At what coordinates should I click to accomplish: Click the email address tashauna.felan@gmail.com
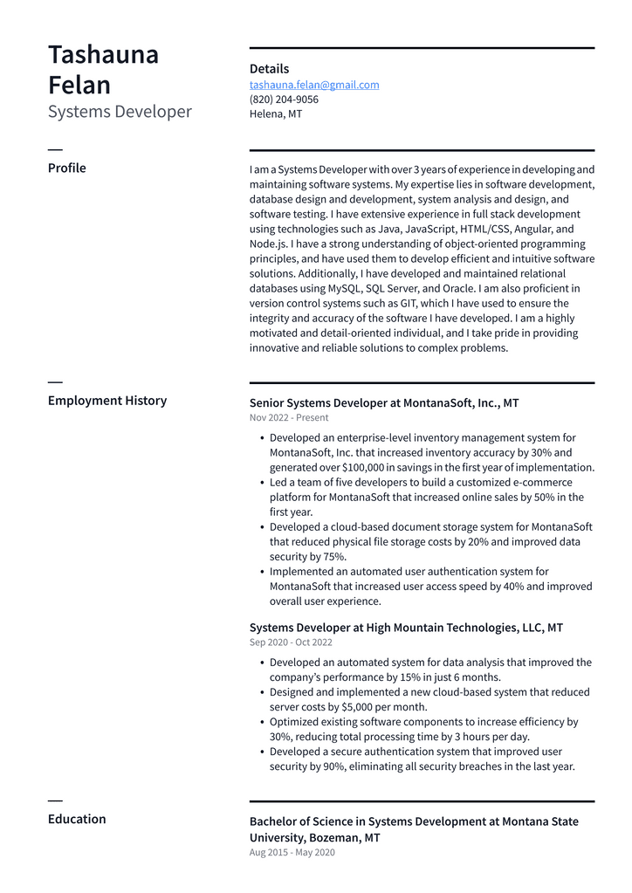click(314, 85)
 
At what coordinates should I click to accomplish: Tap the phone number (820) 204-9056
click(284, 100)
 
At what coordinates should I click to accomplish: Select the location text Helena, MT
click(276, 113)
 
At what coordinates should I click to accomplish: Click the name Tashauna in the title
click(103, 55)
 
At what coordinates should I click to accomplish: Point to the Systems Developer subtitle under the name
click(120, 112)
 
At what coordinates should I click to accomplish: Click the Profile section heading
click(67, 168)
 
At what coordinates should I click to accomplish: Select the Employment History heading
click(107, 401)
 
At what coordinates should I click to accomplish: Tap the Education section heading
click(77, 819)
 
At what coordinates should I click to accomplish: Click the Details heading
click(269, 69)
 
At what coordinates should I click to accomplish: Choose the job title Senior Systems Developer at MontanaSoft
click(384, 403)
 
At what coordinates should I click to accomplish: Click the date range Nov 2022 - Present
click(289, 418)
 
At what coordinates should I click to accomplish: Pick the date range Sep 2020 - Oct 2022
click(291, 642)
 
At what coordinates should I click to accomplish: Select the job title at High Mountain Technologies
click(406, 628)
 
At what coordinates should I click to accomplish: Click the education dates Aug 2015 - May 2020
click(292, 852)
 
